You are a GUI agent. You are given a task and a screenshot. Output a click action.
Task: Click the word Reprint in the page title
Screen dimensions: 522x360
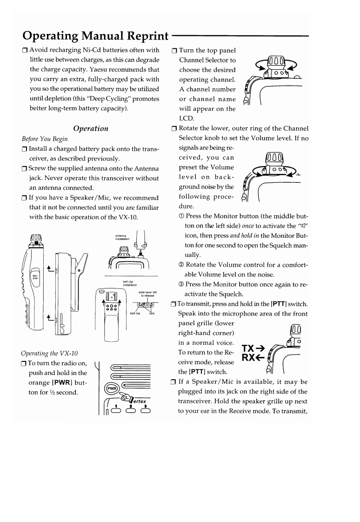pos(140,36)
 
